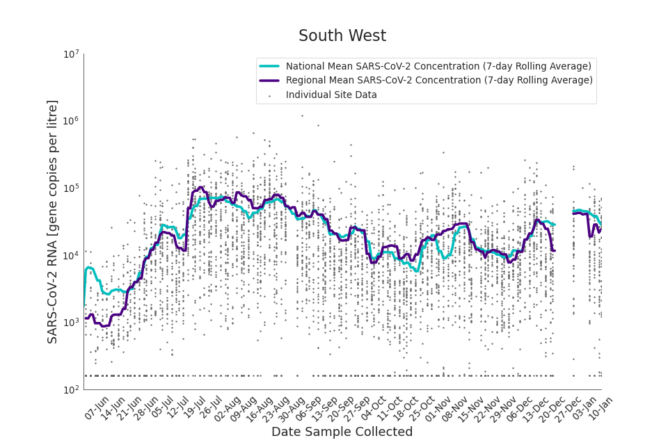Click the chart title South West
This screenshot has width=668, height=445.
[342, 36]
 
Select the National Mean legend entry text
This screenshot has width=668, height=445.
[438, 66]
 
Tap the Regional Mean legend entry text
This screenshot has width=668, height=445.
[439, 81]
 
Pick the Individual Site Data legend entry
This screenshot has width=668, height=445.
[331, 95]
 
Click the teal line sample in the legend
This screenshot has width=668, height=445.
[269, 66]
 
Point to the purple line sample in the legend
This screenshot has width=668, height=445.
[269, 81]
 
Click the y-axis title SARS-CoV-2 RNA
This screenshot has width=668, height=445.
[53, 221]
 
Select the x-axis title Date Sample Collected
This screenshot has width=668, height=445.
[342, 432]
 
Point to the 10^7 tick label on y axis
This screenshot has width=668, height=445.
[71, 54]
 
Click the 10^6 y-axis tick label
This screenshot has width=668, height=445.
[71, 121]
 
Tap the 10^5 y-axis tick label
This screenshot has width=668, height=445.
[71, 188]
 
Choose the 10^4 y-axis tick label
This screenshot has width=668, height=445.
[71, 255]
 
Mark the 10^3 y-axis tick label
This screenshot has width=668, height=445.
[71, 323]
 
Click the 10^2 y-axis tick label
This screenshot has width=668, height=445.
[71, 389]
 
